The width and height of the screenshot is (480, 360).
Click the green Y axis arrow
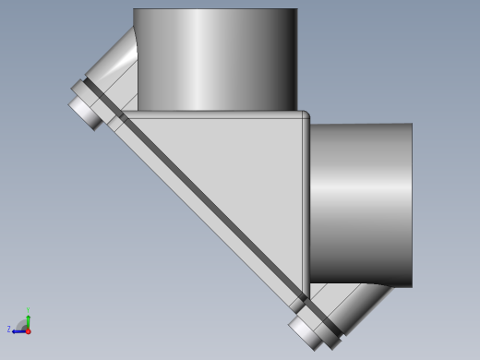pos(28,320)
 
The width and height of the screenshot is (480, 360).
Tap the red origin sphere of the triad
pos(28,330)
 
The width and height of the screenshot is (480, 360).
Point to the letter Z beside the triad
pos(9,329)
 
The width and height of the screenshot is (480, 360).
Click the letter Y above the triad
pos(28,311)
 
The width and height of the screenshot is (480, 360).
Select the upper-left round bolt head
pos(84,109)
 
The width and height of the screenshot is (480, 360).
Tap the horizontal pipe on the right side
pos(360,203)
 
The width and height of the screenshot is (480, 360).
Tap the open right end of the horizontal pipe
pos(410,203)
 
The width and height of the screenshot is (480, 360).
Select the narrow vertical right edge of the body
pos(306,203)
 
